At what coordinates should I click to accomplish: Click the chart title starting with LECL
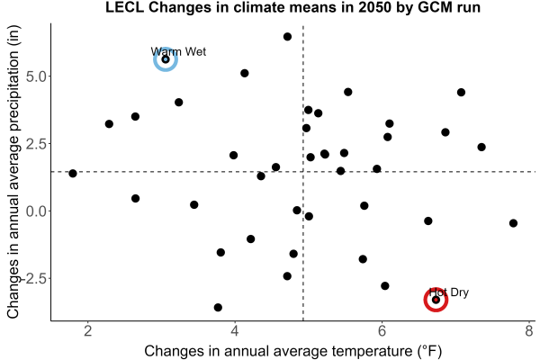coord(292,7)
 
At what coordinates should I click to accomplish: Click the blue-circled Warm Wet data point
coord(166,59)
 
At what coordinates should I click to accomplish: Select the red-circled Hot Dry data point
coord(436,300)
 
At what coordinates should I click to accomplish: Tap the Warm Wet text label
coord(178,51)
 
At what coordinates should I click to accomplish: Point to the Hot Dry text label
coord(449,292)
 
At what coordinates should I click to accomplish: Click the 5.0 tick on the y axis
coord(36,76)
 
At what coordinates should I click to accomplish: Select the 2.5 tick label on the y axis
coord(36,144)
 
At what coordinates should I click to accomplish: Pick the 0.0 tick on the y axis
coord(36,211)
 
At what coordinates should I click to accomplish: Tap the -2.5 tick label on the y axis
coord(33,279)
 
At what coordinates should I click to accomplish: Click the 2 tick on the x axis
coord(88,330)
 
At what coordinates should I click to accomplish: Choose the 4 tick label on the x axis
coord(235,330)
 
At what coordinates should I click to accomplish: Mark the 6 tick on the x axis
coord(382,330)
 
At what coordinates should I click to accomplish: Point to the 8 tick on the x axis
coord(529,330)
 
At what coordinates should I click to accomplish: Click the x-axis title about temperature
coord(293,351)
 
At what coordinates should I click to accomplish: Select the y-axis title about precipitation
coord(13,172)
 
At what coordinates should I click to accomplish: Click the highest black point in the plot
coord(288,37)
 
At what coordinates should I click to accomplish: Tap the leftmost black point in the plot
coord(73,174)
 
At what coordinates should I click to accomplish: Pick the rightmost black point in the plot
coord(513,223)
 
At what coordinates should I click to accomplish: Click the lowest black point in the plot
coord(218,307)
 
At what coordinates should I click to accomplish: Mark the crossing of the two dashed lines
coord(303,172)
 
